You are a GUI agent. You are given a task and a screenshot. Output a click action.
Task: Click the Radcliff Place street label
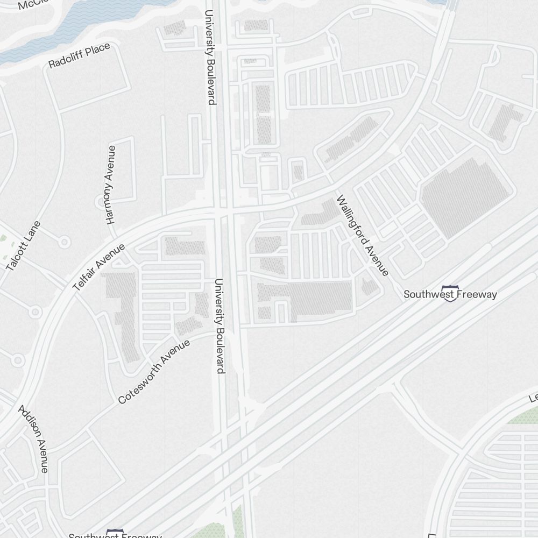tap(79, 56)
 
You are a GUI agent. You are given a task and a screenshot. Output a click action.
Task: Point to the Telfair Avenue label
tap(99, 267)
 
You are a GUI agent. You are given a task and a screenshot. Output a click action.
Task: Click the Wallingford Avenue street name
tap(362, 236)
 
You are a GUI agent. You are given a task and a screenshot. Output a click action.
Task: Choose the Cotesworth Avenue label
tap(154, 371)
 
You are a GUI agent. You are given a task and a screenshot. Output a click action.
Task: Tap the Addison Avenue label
tap(33, 438)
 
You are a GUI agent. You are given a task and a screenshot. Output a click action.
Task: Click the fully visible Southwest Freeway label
tap(450, 295)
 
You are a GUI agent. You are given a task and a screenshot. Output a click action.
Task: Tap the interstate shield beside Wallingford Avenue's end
tap(450, 292)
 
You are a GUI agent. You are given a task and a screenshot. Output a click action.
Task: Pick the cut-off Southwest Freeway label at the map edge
tap(115, 535)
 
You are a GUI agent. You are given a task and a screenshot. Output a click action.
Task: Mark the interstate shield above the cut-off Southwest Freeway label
tap(115, 532)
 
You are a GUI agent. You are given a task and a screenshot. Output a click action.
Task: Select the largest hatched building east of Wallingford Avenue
tap(466, 196)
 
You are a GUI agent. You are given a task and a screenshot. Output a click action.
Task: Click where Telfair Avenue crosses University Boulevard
tap(224, 211)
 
